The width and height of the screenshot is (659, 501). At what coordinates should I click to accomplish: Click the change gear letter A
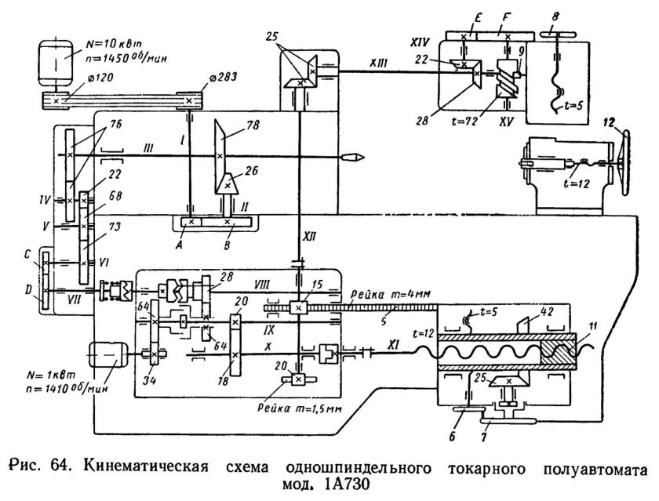pos(187,234)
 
